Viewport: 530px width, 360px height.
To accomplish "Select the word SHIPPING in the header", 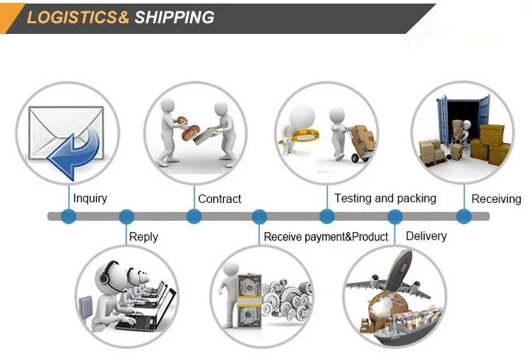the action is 174,18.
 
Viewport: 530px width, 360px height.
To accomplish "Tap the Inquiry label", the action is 90,198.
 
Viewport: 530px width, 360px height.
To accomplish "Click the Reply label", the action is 143,237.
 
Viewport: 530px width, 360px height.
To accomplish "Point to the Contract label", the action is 219,199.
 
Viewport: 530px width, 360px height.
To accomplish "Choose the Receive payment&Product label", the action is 326,237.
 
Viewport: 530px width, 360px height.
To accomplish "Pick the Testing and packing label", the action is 385,198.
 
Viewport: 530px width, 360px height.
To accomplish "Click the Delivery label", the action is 426,236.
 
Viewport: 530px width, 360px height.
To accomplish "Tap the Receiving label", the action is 496,199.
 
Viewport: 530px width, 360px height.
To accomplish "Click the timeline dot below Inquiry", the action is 68,216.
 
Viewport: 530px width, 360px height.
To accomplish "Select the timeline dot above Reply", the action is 126,216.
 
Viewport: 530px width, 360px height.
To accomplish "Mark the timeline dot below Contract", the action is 194,216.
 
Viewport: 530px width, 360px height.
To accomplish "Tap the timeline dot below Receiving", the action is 463,216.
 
